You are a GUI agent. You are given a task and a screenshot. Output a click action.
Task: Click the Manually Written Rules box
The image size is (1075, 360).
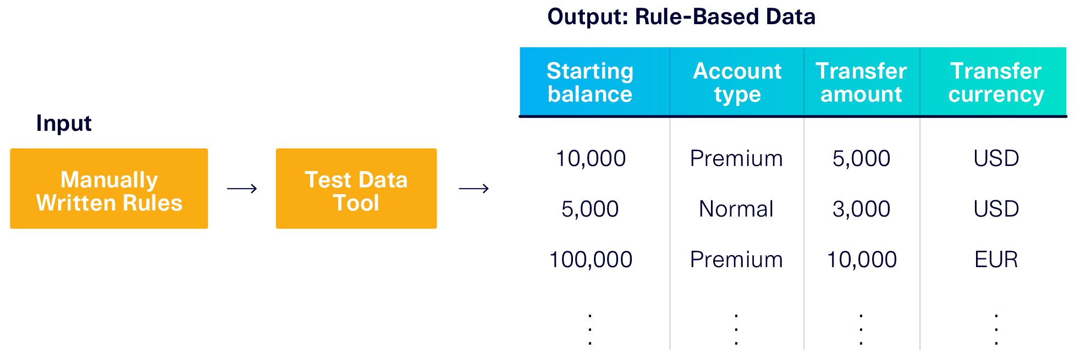tap(109, 189)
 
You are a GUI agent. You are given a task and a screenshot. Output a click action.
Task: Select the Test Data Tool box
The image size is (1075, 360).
tap(356, 189)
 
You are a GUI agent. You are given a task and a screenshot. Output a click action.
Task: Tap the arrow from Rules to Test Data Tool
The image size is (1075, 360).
tap(242, 189)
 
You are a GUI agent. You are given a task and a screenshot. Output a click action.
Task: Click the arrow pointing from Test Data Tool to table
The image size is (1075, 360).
tap(473, 189)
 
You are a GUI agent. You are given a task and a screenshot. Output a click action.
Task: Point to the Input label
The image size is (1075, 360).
tap(64, 123)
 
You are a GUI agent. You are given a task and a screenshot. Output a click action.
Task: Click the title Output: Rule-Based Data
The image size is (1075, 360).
tap(681, 16)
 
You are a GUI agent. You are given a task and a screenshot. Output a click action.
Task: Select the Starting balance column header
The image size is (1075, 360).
tap(590, 82)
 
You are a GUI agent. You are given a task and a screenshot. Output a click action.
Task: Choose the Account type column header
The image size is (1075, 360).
tap(737, 82)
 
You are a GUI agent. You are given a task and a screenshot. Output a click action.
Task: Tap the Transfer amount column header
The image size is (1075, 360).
tap(861, 82)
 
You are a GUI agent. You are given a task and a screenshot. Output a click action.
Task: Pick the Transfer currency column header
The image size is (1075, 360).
tap(996, 82)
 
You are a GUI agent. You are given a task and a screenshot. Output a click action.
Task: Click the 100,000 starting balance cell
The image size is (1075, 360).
tap(591, 259)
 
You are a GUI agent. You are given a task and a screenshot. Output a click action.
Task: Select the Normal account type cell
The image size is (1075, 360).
tap(736, 209)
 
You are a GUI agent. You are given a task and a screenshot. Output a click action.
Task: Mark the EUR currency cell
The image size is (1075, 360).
tap(996, 259)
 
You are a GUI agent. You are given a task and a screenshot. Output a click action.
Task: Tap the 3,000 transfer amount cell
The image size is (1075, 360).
tap(861, 209)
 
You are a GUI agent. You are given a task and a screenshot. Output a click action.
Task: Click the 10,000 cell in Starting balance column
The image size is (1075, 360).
tap(591, 158)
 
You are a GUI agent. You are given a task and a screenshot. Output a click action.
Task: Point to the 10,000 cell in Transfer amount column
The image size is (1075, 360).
tap(862, 259)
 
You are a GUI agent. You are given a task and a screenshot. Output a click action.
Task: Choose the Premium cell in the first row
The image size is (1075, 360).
tap(736, 158)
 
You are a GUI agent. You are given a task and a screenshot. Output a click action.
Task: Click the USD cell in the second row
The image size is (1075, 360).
tap(996, 209)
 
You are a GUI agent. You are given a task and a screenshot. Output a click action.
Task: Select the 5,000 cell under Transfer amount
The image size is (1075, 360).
tap(861, 158)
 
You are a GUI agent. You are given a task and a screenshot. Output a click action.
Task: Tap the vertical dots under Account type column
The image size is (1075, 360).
tap(736, 329)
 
